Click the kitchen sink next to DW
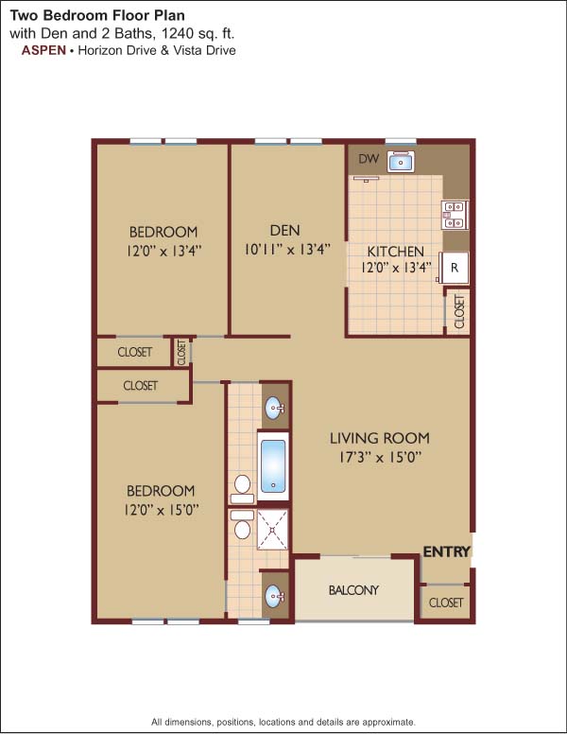(x=401, y=162)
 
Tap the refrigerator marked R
(x=454, y=268)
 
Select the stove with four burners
(x=455, y=215)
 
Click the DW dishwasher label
(x=369, y=159)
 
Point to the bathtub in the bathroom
(x=273, y=465)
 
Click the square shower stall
(x=272, y=530)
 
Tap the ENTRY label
(x=447, y=551)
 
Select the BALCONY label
(x=353, y=590)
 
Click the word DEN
(x=284, y=230)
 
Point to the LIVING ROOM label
(x=380, y=438)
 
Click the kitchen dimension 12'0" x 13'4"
(x=396, y=269)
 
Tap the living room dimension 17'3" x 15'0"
(x=380, y=457)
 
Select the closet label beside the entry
(x=446, y=603)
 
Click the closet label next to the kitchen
(x=459, y=311)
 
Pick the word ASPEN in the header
(x=43, y=50)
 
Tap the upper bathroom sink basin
(x=275, y=409)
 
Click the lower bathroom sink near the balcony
(x=275, y=596)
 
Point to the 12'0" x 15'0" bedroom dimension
(x=162, y=510)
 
